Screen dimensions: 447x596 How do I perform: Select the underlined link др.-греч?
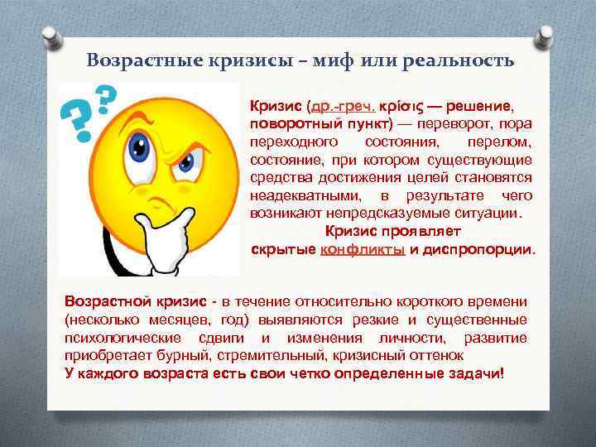341,107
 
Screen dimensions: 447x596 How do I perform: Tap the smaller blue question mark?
105,96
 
